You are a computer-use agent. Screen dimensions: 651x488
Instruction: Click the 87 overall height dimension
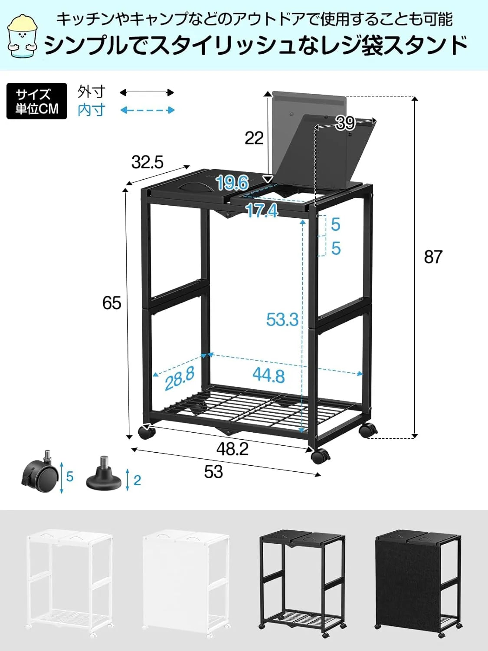pos(433,257)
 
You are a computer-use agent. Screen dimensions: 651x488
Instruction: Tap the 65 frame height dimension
pos(111,303)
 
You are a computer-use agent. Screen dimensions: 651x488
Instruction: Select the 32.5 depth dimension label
pos(147,162)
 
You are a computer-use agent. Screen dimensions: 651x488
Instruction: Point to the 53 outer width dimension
pos(213,472)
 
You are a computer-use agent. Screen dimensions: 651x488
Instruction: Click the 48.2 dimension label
pos(233,449)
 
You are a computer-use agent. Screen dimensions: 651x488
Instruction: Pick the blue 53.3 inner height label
pos(282,319)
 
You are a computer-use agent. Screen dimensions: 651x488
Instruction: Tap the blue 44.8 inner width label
pos(269,375)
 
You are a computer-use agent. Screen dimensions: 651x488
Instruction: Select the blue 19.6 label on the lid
pos(232,183)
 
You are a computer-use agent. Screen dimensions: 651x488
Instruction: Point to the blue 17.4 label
pos(262,211)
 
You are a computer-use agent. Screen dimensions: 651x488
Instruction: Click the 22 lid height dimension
pos(254,138)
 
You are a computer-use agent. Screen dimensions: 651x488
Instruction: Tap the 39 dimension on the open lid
pos(345,123)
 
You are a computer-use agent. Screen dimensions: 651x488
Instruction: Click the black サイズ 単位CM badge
pos(37,101)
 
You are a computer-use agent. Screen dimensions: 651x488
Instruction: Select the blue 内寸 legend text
pos(92,110)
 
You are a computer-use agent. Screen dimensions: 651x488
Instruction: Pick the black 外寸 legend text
pos(92,92)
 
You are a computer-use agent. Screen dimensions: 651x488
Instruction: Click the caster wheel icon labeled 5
pos(40,474)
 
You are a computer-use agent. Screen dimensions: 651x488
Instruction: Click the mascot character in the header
pos(23,36)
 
